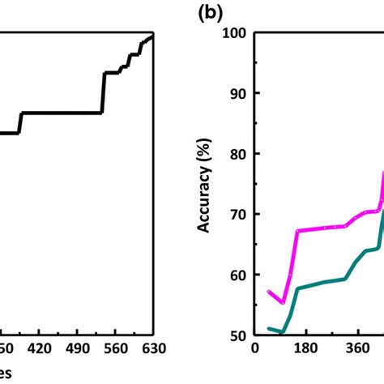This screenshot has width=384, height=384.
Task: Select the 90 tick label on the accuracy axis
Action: coord(238,93)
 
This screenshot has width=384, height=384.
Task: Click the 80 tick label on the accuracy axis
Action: coord(238,154)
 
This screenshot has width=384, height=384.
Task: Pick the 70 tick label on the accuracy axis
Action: coord(238,215)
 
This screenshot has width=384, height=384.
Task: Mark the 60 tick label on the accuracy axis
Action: coord(238,275)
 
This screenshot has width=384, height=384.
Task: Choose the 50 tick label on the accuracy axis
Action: coord(238,335)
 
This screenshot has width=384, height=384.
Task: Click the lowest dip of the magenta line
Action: coord(283,302)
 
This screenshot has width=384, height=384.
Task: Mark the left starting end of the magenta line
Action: coord(268,291)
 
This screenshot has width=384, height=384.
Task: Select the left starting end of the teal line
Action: coord(268,328)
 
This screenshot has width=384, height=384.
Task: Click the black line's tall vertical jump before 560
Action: coord(103,92)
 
